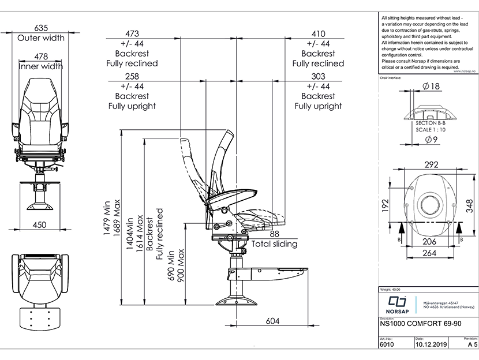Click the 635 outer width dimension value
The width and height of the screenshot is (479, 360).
[41, 28]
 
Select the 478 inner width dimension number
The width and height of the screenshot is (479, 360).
[41, 56]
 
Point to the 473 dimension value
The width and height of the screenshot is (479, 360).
[132, 33]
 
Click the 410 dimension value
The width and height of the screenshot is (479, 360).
[318, 33]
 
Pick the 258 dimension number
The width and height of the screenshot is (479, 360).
[132, 76]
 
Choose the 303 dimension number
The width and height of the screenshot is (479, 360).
[318, 76]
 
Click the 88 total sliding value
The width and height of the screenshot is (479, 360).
[274, 234]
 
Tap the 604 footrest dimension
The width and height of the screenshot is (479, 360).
[274, 321]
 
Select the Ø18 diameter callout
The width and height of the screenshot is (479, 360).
[431, 86]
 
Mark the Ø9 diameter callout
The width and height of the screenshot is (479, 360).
[431, 140]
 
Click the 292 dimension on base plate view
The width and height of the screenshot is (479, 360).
[432, 164]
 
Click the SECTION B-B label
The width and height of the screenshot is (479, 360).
[431, 123]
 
